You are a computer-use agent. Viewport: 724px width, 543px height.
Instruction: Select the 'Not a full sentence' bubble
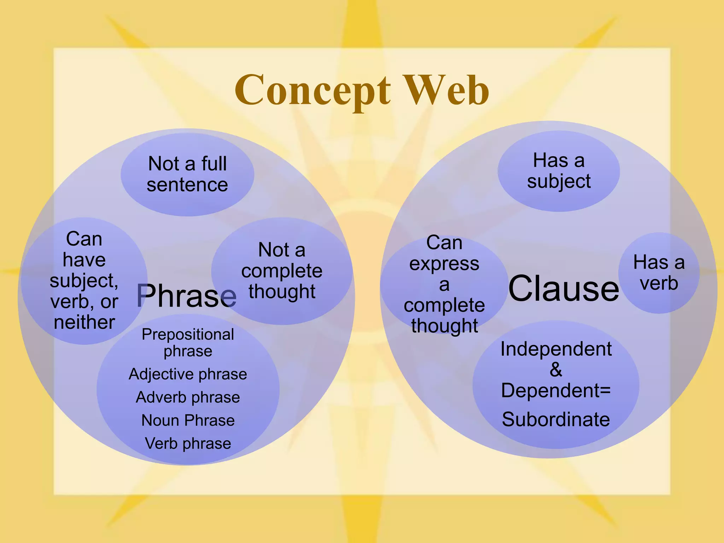(187, 174)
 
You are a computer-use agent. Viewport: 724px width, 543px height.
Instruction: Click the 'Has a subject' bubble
(559, 171)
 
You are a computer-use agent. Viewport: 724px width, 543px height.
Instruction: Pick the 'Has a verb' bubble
(659, 273)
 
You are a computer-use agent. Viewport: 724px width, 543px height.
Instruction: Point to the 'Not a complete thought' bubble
(282, 271)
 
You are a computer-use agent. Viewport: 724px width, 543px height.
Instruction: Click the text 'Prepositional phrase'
(188, 343)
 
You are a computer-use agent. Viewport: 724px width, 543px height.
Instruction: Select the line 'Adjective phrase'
(188, 374)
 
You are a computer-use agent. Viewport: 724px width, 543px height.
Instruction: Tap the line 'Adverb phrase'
(188, 397)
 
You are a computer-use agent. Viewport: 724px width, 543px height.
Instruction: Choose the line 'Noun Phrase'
(188, 420)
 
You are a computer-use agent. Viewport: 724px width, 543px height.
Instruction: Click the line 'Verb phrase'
(188, 443)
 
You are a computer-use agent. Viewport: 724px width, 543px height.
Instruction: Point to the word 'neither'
(84, 322)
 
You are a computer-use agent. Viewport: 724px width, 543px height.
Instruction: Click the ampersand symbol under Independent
(556, 369)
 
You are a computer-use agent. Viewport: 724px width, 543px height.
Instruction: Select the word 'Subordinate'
(556, 419)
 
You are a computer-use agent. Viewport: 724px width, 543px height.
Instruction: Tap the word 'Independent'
(556, 349)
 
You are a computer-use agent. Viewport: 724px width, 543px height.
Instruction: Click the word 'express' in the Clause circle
(444, 264)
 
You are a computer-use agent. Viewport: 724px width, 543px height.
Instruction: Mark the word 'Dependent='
(556, 390)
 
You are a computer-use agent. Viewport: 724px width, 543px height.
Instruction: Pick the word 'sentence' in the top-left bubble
(187, 185)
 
